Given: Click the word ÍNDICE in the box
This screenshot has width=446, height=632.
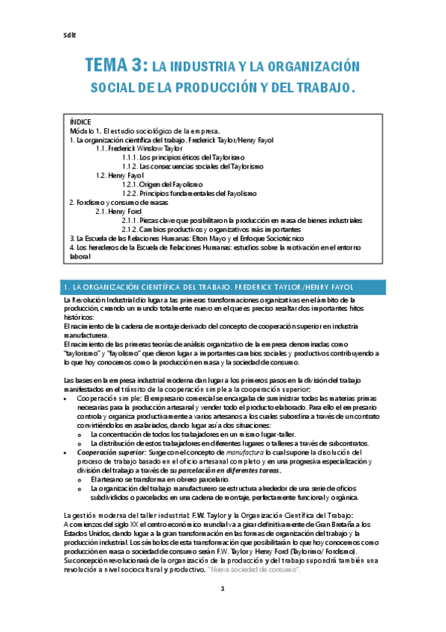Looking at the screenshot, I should [x=80, y=121].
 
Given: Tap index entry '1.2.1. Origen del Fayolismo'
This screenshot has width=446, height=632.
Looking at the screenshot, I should [x=162, y=184].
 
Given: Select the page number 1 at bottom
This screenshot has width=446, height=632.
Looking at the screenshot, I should [x=222, y=610].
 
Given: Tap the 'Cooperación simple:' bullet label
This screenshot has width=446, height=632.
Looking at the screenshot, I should [x=108, y=399].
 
